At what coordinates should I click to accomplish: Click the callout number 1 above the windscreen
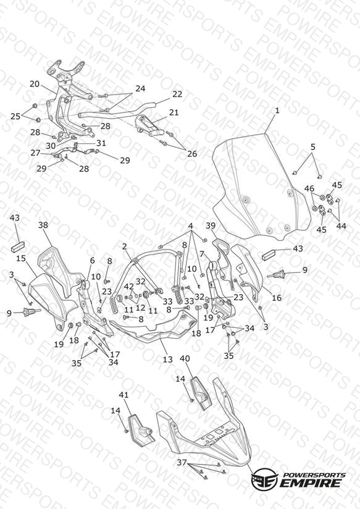277,111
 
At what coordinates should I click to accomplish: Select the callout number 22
177,94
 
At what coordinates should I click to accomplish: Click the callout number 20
35,84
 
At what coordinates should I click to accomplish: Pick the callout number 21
174,112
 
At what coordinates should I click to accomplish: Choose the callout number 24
140,88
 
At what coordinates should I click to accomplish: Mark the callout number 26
192,154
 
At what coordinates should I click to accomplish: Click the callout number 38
43,225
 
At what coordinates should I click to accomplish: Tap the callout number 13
167,360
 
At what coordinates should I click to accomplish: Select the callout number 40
185,359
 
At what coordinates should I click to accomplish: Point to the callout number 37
182,462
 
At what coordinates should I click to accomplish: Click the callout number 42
129,287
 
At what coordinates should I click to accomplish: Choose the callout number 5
312,147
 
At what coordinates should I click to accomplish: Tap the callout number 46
309,188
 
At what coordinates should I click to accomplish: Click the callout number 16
277,298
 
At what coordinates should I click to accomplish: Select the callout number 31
101,143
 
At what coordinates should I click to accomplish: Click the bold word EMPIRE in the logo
311,482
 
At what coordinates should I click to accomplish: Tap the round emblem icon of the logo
264,479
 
